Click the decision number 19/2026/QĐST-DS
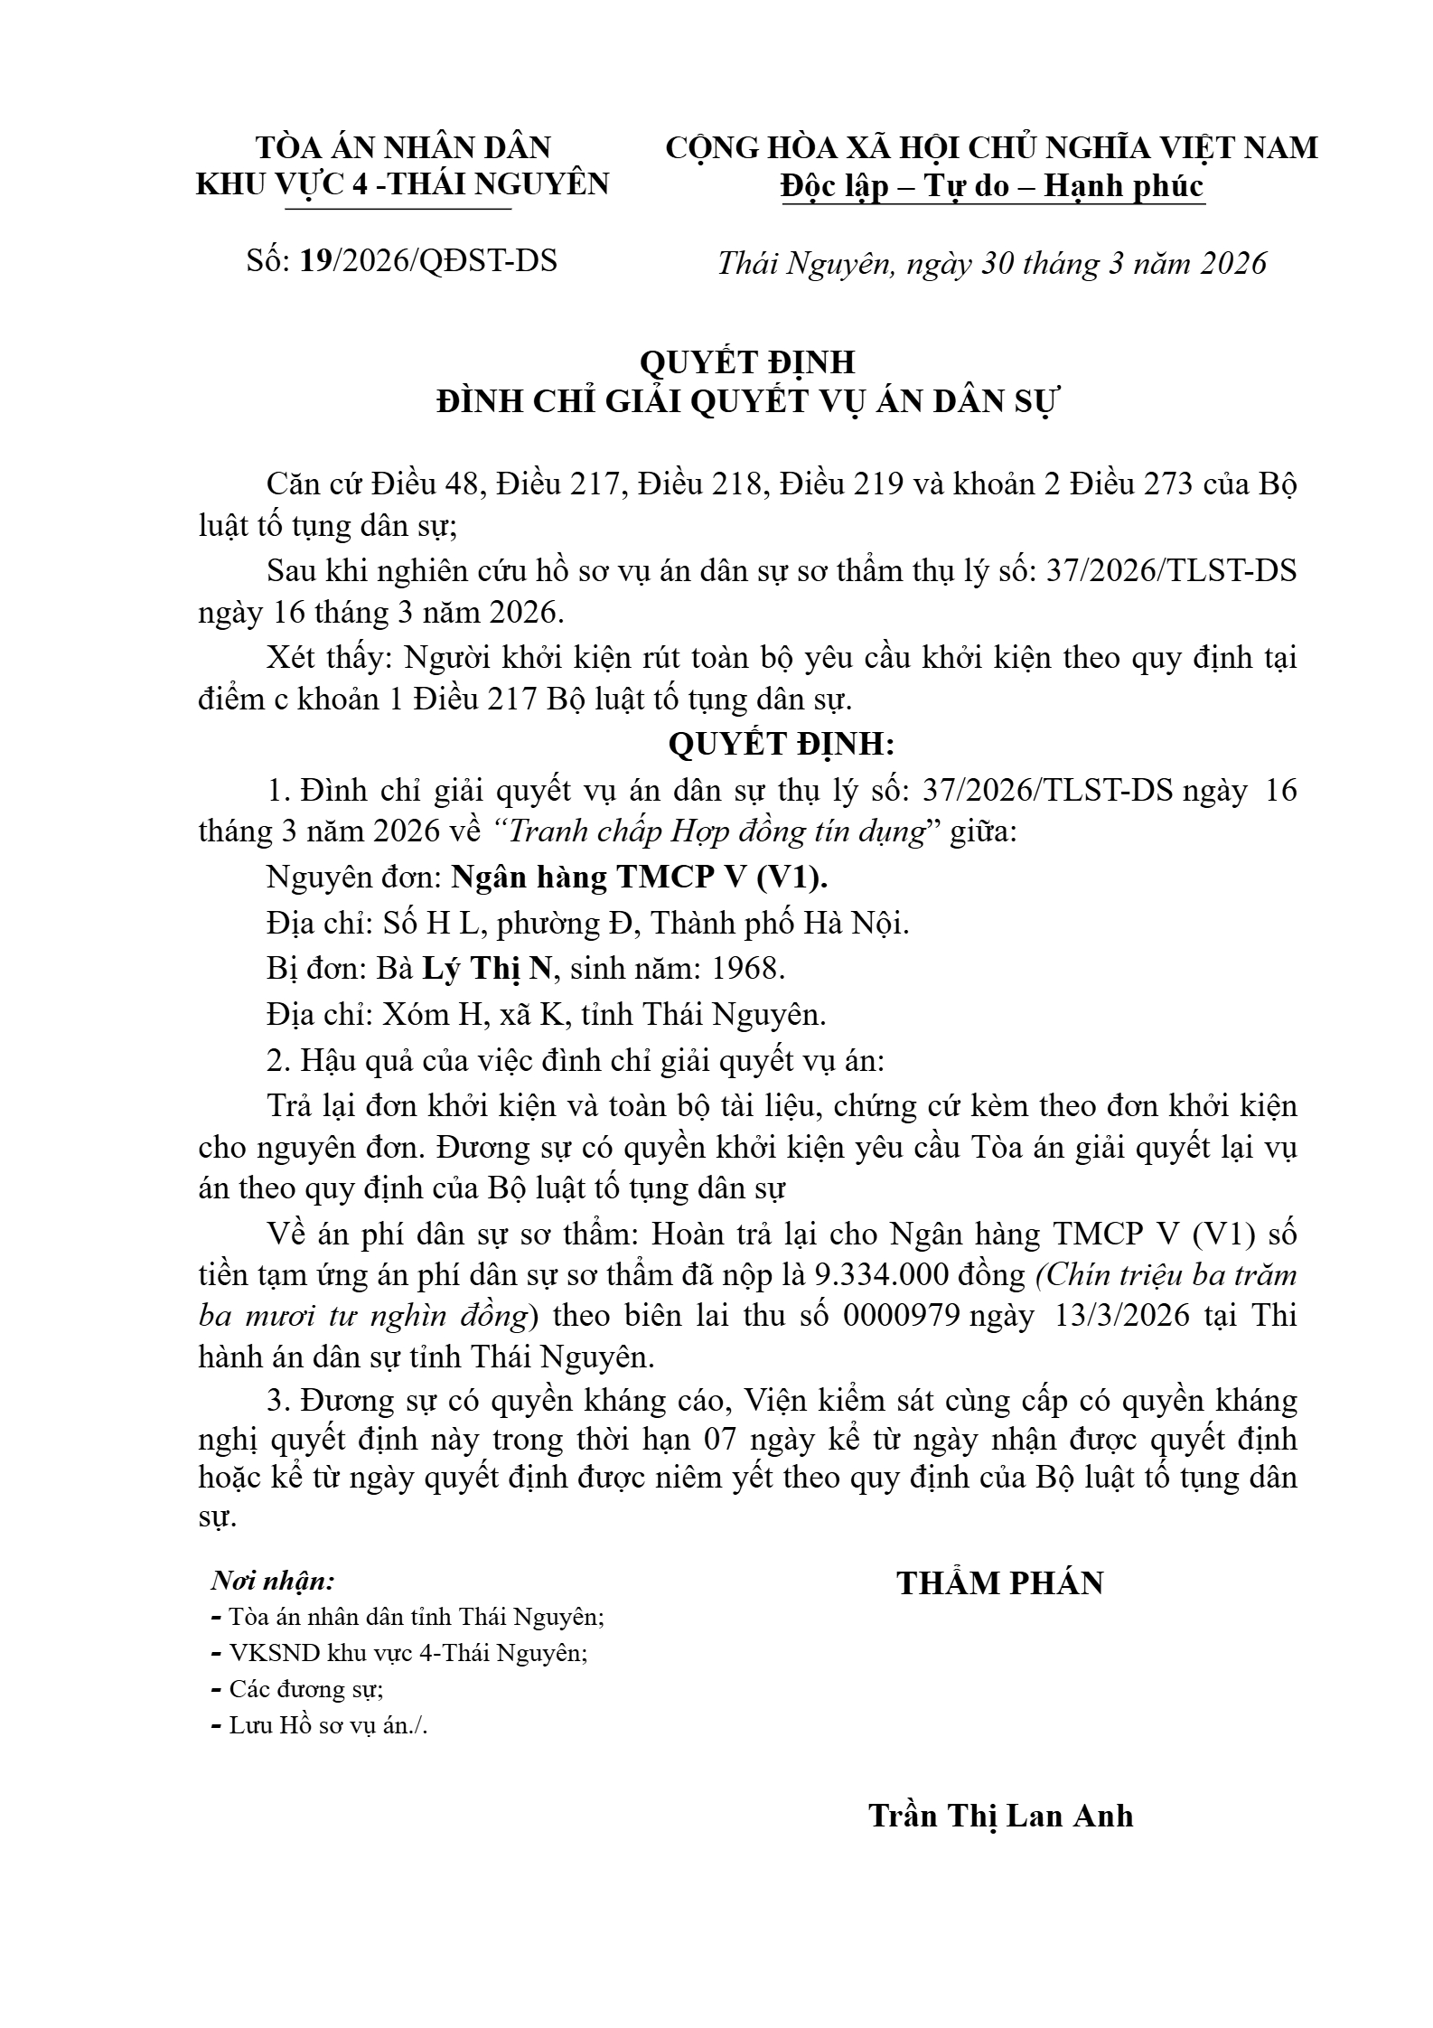tap(428, 260)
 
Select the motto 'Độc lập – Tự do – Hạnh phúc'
tap(992, 185)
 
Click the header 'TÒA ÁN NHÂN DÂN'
tap(403, 147)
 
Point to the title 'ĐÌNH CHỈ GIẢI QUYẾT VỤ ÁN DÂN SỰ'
tap(746, 401)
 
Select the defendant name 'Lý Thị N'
tap(487, 968)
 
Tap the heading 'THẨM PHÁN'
tap(999, 1582)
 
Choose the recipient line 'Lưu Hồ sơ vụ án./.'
tap(328, 1724)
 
